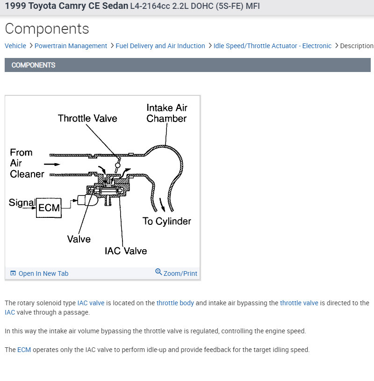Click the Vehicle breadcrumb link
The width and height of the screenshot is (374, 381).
(x=15, y=46)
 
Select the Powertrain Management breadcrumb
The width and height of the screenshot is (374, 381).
(x=71, y=46)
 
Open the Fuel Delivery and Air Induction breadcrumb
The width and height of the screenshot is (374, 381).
(x=160, y=46)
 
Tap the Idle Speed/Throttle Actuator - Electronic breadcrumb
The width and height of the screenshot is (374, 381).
(x=273, y=46)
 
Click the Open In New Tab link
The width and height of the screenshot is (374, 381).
(x=43, y=273)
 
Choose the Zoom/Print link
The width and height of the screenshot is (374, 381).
(x=180, y=273)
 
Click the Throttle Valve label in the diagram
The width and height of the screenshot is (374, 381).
(x=87, y=118)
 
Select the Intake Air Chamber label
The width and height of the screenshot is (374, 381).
(x=166, y=113)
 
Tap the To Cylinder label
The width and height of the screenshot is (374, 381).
(x=167, y=221)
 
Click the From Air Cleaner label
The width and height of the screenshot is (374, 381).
(x=27, y=163)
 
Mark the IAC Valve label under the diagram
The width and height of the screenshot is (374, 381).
(x=126, y=251)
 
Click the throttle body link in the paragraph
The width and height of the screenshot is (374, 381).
(x=175, y=303)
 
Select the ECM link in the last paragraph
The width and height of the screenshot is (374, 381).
(x=24, y=350)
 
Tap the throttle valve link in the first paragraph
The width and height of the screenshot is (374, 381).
(x=299, y=303)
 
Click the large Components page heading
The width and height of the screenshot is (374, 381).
(x=47, y=29)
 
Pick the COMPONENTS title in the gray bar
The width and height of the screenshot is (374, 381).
(x=33, y=65)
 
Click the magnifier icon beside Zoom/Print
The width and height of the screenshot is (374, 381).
(x=158, y=272)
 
